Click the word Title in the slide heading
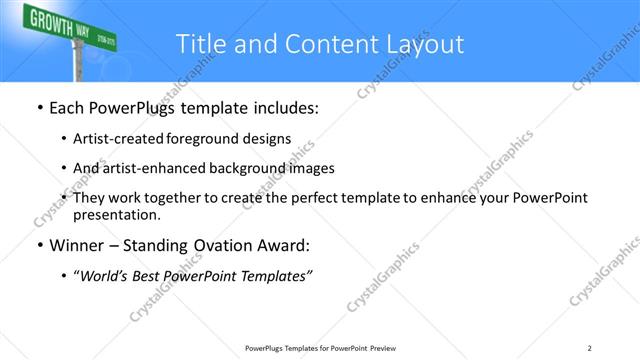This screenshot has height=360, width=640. coord(198,44)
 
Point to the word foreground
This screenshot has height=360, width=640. coord(211,140)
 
